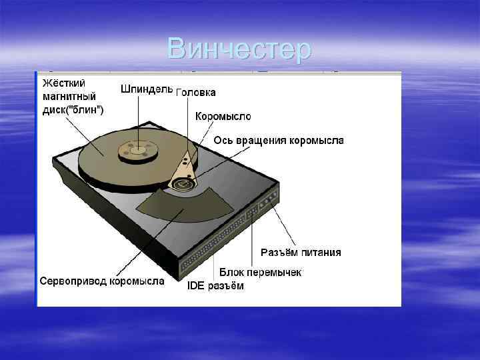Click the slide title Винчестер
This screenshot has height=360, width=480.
click(x=239, y=49)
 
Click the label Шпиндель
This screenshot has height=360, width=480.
click(x=147, y=89)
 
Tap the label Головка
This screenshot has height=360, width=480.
click(x=196, y=93)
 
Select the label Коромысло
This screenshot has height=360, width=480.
click(x=223, y=116)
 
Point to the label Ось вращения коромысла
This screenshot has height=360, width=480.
click(x=279, y=140)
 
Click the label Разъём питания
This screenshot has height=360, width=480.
click(x=301, y=252)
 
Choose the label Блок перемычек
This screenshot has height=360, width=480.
click(x=261, y=272)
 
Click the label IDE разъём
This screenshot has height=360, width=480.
click(x=215, y=286)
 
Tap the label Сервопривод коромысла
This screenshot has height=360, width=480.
click(x=102, y=281)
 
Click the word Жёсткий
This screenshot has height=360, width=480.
click(x=64, y=84)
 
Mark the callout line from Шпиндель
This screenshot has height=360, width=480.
click(x=139, y=120)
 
